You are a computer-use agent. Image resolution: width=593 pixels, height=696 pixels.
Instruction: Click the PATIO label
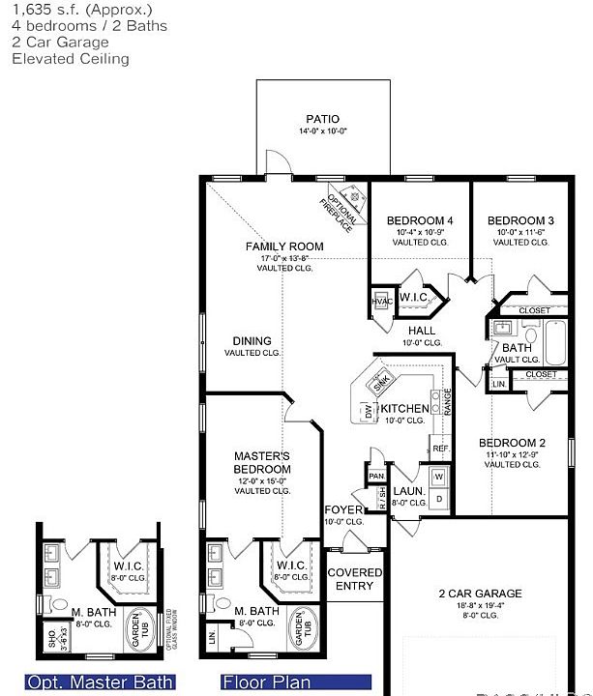click(x=323, y=119)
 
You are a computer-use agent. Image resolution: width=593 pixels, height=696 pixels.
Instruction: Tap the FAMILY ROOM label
click(x=284, y=246)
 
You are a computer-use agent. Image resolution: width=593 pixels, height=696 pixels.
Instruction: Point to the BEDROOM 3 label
click(x=520, y=220)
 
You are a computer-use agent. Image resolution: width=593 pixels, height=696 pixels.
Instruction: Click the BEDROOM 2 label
click(x=513, y=443)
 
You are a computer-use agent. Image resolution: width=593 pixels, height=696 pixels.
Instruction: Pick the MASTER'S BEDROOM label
click(x=262, y=462)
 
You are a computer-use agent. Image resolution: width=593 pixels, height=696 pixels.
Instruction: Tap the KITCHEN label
click(x=405, y=409)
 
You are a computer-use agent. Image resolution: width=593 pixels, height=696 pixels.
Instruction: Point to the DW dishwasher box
click(x=369, y=411)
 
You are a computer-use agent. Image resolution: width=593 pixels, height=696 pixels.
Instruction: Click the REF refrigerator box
click(x=440, y=449)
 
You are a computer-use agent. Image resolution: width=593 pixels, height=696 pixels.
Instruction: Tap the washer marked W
click(x=438, y=477)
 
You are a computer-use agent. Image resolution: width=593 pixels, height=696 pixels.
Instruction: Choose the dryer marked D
click(x=438, y=498)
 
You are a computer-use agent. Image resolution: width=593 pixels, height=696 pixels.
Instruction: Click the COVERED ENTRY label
click(x=355, y=579)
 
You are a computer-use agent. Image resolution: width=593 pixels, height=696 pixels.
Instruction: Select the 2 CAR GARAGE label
click(x=480, y=594)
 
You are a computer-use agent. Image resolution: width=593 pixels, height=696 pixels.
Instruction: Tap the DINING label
click(x=252, y=341)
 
